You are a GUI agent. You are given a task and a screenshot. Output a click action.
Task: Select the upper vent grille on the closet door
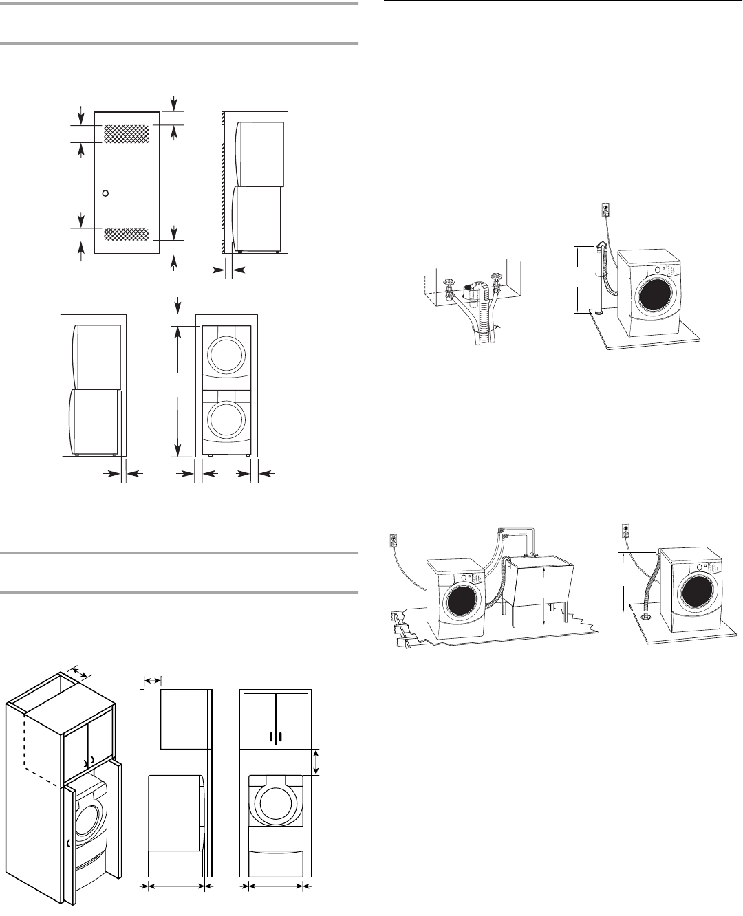pyautogui.click(x=126, y=133)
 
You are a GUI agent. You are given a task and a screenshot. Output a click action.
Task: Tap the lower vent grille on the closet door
pyautogui.click(x=126, y=235)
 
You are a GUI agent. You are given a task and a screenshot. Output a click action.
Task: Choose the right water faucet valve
pyautogui.click(x=493, y=280)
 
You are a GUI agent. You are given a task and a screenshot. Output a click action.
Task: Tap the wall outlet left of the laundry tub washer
pyautogui.click(x=394, y=541)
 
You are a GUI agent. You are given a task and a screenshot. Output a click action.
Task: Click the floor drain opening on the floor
pyautogui.click(x=647, y=617)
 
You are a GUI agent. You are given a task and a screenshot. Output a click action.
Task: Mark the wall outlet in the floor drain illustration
pyautogui.click(x=625, y=531)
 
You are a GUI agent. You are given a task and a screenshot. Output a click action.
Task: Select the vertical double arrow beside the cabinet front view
pyautogui.click(x=316, y=762)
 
